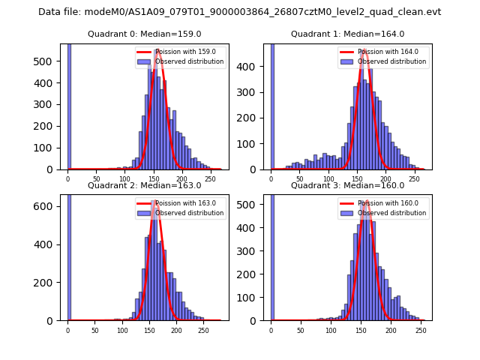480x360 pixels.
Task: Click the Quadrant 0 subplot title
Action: click(144, 34)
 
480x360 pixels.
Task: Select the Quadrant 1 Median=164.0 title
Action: click(347, 34)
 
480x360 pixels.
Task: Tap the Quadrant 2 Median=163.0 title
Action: click(144, 185)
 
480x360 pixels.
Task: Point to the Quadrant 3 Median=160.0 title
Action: click(347, 185)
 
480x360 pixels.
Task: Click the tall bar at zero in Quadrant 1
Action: click(271, 105)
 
